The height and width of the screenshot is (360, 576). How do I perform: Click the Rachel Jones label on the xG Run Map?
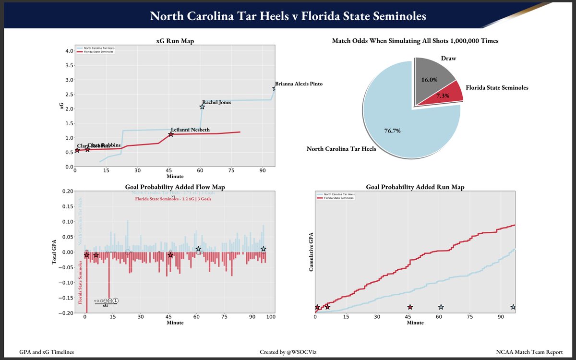(217, 102)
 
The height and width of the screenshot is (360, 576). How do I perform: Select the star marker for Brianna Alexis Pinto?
(275, 88)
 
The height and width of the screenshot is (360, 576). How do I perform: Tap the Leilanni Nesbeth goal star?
(170, 134)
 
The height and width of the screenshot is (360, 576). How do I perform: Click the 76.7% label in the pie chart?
(392, 131)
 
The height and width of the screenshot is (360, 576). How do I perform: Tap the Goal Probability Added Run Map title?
(415, 187)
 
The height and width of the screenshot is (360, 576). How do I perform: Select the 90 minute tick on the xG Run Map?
(262, 170)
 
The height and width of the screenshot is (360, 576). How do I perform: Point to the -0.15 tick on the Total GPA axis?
(66, 298)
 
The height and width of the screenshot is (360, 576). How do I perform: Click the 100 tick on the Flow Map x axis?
(271, 317)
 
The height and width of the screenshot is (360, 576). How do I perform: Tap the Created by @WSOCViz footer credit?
(288, 352)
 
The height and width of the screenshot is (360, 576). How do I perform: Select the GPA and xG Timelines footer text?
(47, 352)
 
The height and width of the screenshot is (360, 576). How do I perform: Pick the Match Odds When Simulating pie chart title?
(415, 41)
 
